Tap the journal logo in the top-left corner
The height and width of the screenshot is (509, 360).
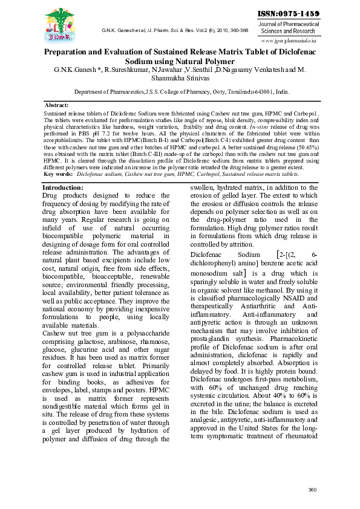pos(61,25)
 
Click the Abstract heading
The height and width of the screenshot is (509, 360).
pos(57,105)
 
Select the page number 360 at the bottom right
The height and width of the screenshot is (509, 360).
pos(312,490)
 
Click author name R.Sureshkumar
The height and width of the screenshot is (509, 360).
pos(133,71)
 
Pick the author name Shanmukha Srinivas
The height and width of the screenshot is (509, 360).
pos(180,79)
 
